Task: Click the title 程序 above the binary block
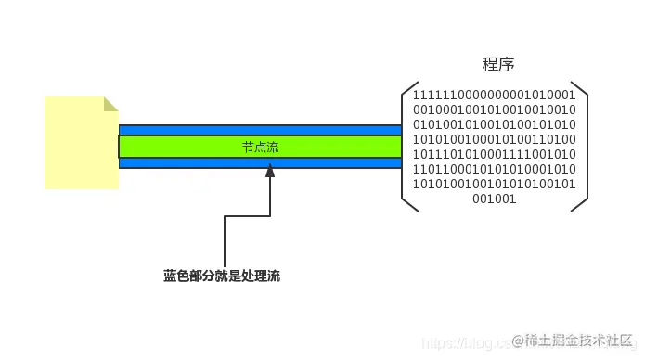click(x=498, y=65)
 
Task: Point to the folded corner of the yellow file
click(x=110, y=103)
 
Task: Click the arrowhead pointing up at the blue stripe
click(x=270, y=171)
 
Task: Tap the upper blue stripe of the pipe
click(x=260, y=130)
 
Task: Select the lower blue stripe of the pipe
click(x=260, y=162)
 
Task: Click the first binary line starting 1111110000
click(x=494, y=95)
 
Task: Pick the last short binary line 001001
click(x=494, y=198)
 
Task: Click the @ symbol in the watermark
click(x=518, y=341)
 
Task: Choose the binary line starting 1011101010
click(x=494, y=153)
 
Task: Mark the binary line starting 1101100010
click(x=494, y=168)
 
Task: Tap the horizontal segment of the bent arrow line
click(x=247, y=216)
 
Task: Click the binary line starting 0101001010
click(x=494, y=123)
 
